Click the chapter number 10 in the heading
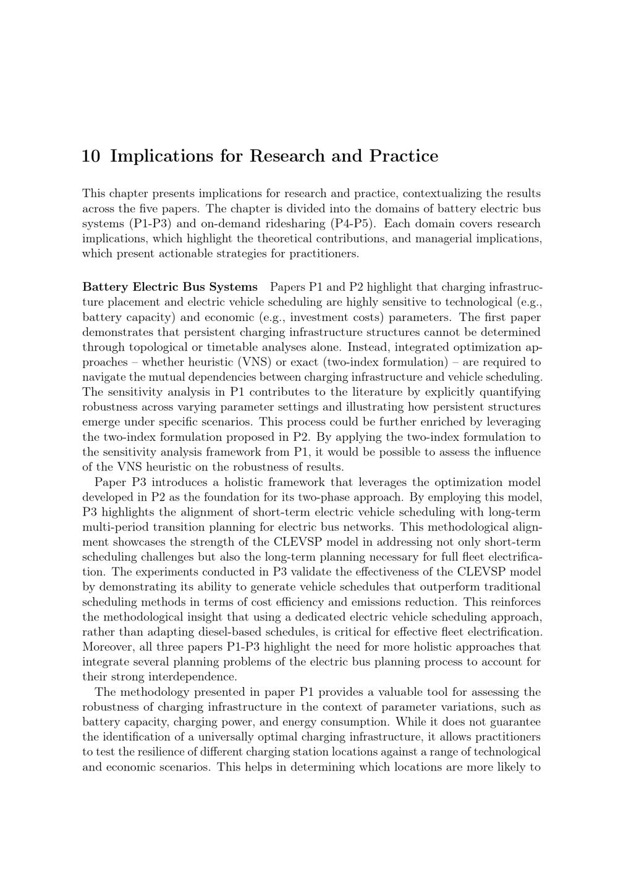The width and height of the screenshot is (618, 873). [91, 156]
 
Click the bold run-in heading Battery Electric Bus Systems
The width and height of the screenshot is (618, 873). [170, 287]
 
